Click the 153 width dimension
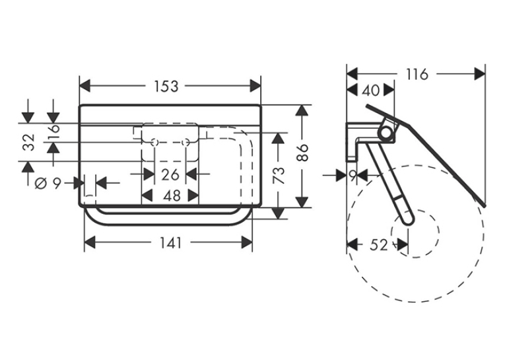[166, 87]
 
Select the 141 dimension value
[171, 242]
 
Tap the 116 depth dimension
[417, 74]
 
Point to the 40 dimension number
[371, 90]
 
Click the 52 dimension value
[378, 245]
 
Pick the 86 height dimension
[303, 153]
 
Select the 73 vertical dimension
[279, 175]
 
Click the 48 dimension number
[172, 196]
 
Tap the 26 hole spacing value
[170, 175]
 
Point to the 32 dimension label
[28, 142]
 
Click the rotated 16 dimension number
[53, 128]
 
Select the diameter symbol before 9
[40, 184]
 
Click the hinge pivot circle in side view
[386, 133]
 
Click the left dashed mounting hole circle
[155, 142]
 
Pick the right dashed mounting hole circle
[185, 142]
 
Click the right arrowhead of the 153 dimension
[255, 87]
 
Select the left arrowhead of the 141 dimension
[90, 242]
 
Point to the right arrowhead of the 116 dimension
[479, 74]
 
